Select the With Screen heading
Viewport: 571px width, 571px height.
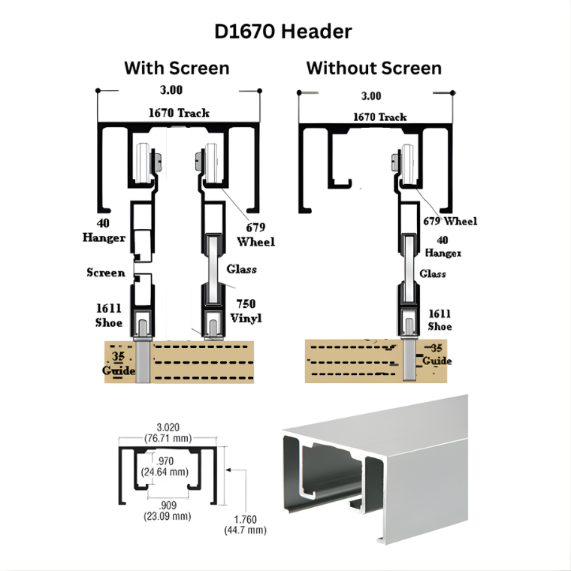tap(177, 68)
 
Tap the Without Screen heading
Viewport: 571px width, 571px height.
tap(373, 68)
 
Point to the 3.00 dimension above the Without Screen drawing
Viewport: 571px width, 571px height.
tap(371, 96)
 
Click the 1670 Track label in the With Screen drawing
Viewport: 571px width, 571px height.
tap(178, 113)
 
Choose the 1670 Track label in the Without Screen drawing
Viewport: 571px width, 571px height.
tap(380, 117)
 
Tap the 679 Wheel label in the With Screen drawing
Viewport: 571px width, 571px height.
tap(255, 234)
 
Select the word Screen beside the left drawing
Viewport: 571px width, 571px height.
tap(106, 272)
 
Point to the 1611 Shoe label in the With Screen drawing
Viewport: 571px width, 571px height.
tap(109, 316)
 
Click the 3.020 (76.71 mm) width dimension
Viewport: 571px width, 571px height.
tap(168, 431)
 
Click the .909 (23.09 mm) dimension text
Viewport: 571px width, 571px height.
tap(168, 510)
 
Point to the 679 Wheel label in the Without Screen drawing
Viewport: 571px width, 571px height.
tap(450, 221)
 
